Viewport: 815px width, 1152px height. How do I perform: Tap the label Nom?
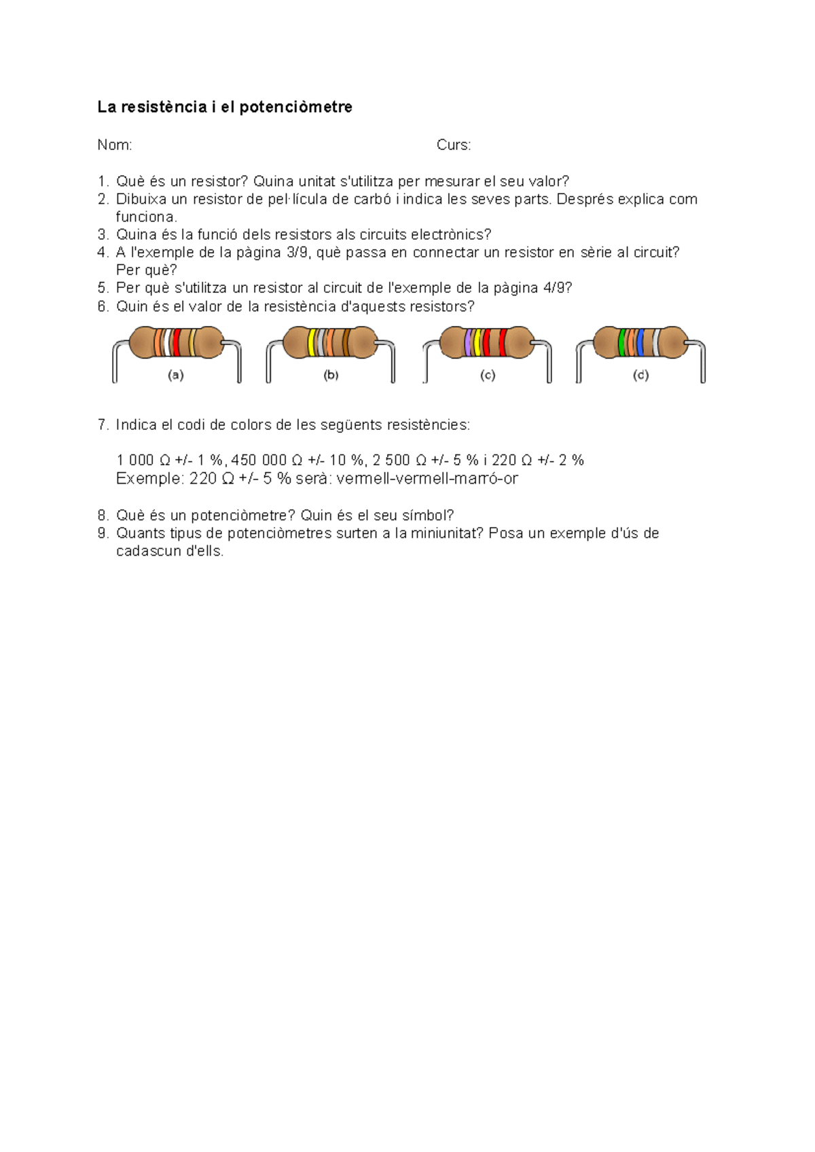tap(114, 145)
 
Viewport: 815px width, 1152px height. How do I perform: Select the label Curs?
tap(454, 145)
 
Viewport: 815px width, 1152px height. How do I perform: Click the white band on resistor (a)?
tap(166, 343)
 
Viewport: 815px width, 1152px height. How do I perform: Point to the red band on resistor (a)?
tap(177, 343)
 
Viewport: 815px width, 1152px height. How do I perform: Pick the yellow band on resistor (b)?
tap(312, 343)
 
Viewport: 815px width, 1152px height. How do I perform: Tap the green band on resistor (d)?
tap(622, 343)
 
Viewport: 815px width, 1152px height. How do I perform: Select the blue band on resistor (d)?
tap(640, 343)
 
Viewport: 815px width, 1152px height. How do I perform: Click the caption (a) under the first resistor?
tap(175, 375)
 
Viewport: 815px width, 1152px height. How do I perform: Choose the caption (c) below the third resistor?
tap(487, 375)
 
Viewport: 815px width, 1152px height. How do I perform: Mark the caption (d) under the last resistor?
tap(640, 375)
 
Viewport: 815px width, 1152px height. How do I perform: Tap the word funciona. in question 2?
tap(146, 217)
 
